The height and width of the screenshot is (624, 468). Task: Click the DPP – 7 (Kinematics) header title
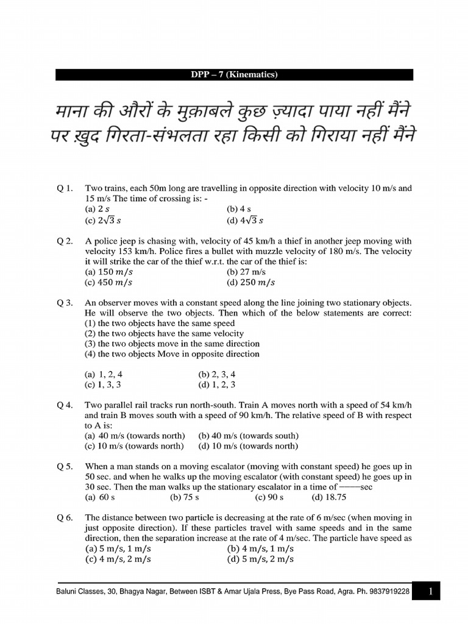[234, 75]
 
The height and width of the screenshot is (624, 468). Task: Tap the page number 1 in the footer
[430, 591]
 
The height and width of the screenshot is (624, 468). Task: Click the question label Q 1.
[65, 188]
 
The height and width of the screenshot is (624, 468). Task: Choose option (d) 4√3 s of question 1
[244, 220]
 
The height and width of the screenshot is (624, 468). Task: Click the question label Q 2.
[65, 241]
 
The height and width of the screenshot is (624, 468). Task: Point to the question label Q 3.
[65, 303]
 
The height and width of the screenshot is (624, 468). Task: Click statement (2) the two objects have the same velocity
[164, 333]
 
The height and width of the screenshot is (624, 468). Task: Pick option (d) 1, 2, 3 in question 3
[216, 385]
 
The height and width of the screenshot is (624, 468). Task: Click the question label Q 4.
[65, 405]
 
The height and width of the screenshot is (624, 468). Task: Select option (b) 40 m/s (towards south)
[248, 436]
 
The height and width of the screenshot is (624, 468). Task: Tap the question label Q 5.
[65, 467]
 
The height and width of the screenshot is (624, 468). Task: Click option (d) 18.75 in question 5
[328, 497]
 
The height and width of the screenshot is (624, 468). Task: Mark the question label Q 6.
[65, 517]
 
